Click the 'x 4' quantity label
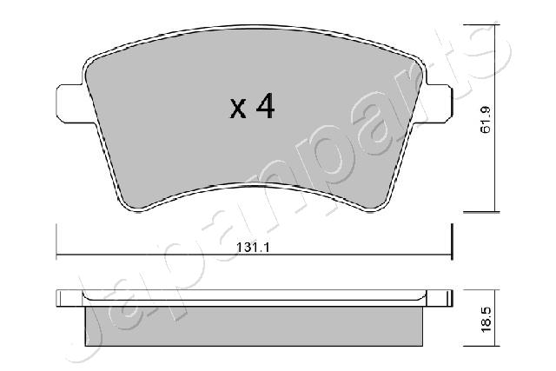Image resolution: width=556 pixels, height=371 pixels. pos(252,108)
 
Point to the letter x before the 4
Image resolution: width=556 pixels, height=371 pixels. pos(237,110)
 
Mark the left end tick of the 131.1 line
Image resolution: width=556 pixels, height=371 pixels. pos(56,241)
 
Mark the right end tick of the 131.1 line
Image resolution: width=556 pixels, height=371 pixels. pos(453,241)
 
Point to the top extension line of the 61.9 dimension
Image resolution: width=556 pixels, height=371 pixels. pos(480,24)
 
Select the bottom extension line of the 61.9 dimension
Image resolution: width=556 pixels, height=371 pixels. pos(480,211)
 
